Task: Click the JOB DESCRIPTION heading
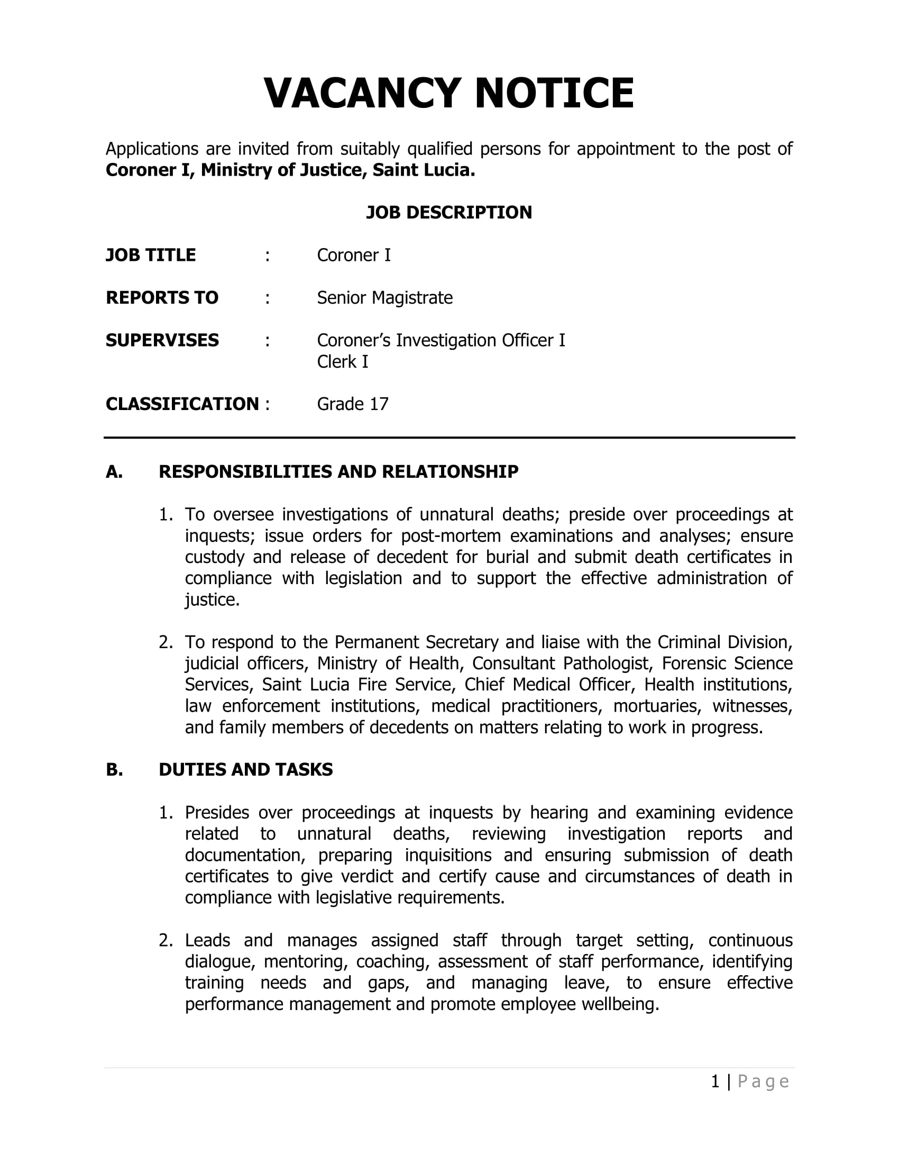click(448, 213)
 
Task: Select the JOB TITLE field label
click(151, 256)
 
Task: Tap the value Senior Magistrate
click(384, 298)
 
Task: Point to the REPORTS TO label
click(162, 298)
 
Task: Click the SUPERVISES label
click(162, 341)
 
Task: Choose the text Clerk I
click(343, 362)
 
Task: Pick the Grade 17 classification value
click(353, 405)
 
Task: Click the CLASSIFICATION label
click(182, 405)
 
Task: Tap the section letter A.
click(114, 472)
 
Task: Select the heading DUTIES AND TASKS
click(245, 770)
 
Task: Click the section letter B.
click(114, 770)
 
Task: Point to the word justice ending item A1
click(211, 600)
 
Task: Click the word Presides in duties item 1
click(217, 813)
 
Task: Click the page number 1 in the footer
click(715, 1082)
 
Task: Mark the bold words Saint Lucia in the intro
click(423, 170)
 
